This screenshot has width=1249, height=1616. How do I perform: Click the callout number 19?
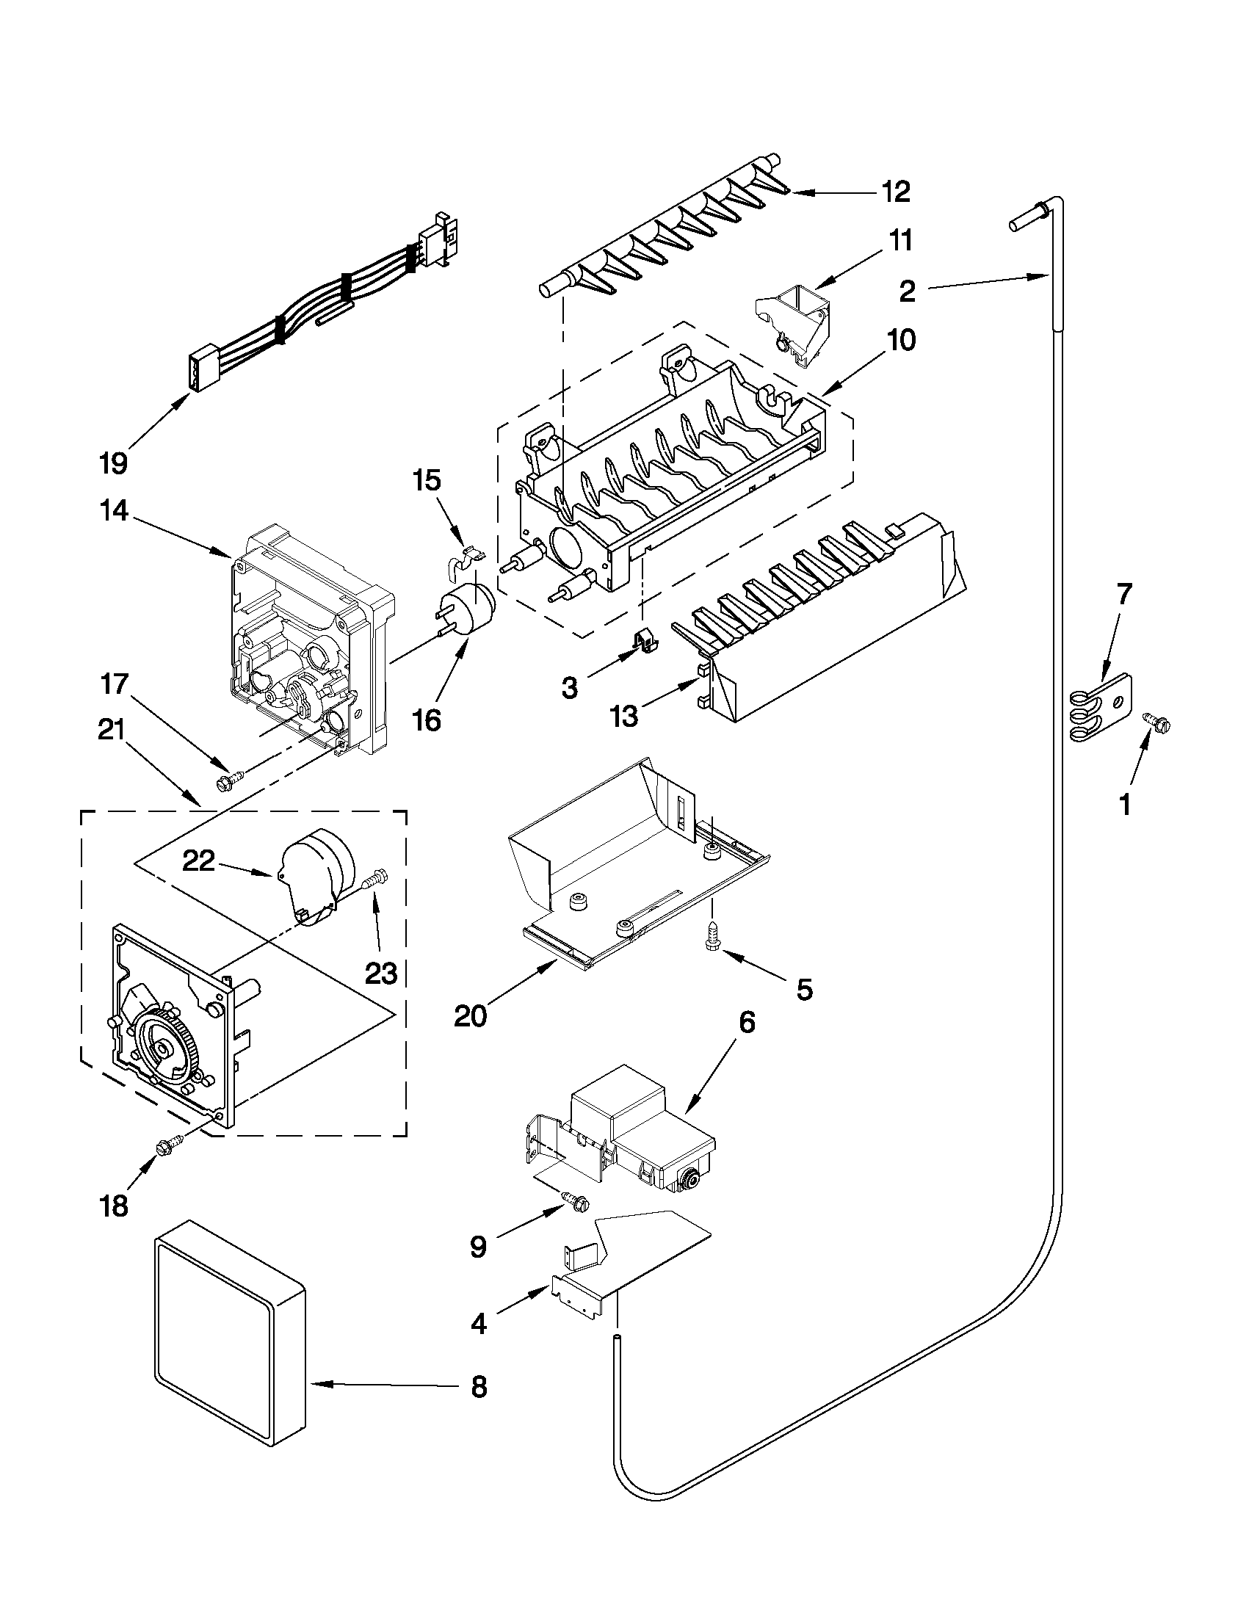[x=113, y=464]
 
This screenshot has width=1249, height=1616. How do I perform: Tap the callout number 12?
[x=895, y=192]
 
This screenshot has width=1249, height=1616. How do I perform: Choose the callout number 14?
[x=114, y=511]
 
